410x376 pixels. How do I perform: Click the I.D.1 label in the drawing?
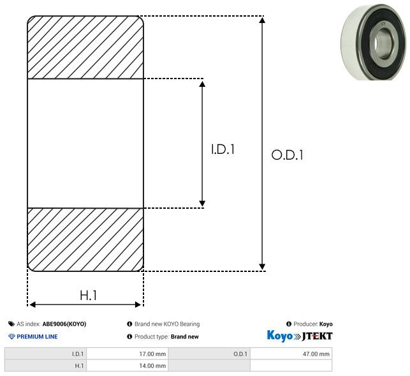click(223, 149)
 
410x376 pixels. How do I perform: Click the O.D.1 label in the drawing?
click(287, 154)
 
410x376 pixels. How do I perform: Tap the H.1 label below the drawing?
click(89, 296)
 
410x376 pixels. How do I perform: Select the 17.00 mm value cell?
click(128, 354)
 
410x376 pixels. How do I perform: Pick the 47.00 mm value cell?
click(291, 354)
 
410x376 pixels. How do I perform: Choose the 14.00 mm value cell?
click(128, 366)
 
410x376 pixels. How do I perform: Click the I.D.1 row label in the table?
click(45, 354)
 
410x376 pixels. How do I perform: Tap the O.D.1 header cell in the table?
click(209, 354)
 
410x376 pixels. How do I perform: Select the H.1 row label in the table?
click(45, 366)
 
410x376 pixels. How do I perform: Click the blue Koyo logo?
click(280, 336)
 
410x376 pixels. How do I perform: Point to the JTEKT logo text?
click(317, 336)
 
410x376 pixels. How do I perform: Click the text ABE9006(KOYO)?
click(64, 324)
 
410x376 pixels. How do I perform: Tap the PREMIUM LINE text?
click(37, 336)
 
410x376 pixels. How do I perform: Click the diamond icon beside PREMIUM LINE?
click(11, 336)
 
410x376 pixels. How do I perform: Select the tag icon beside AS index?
click(11, 324)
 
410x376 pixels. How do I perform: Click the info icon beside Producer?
click(289, 324)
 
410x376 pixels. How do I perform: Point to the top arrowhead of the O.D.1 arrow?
click(262, 20)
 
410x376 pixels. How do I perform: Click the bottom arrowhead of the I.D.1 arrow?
click(202, 204)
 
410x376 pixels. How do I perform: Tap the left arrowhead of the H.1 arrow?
click(33, 305)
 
